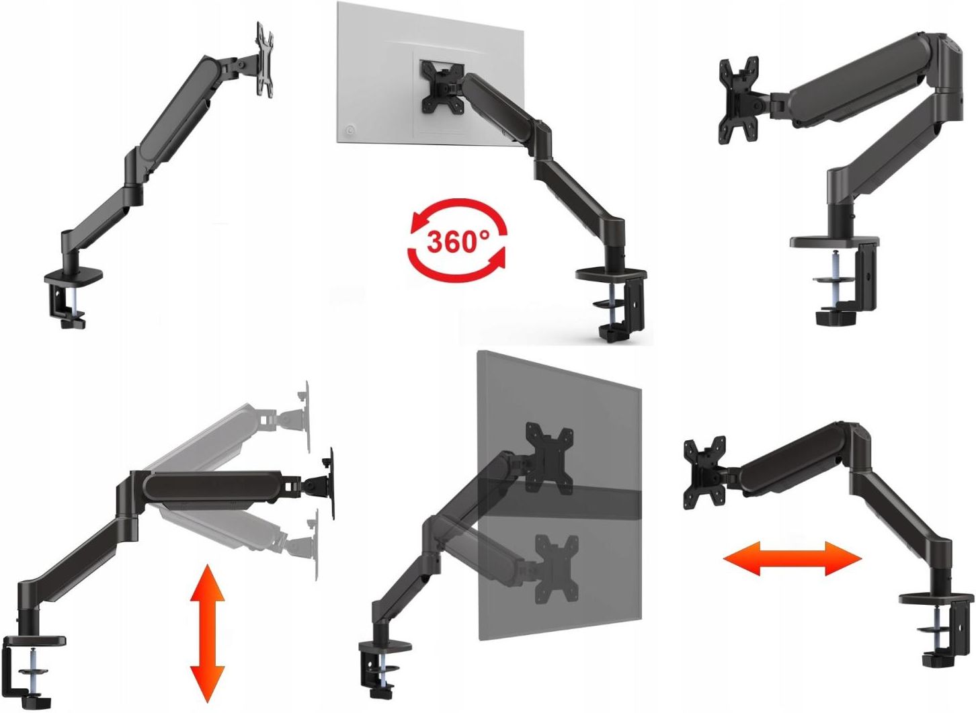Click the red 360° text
click(x=458, y=241)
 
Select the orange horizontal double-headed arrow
click(x=792, y=558)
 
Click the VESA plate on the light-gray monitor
click(x=442, y=86)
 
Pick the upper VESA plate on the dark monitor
click(x=550, y=458)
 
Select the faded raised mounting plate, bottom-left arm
click(x=306, y=417)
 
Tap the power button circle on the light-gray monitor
click(x=349, y=130)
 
